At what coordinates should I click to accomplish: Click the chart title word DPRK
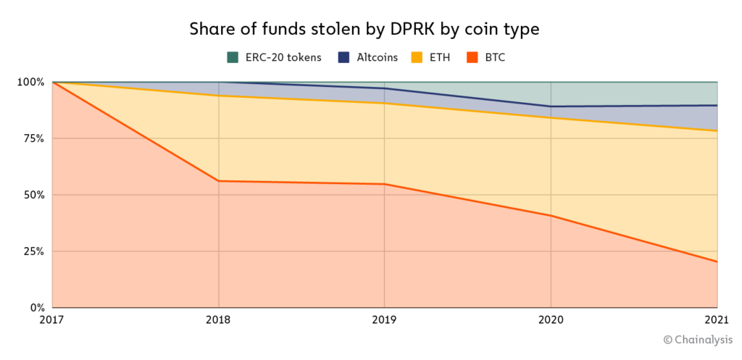coord(417,30)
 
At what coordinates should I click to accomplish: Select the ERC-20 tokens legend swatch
coord(233,57)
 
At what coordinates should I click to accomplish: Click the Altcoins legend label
coord(377,57)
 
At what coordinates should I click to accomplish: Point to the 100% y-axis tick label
coord(30,82)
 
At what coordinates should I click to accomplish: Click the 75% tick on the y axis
coord(33,138)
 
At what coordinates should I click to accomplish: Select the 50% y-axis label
coord(33,195)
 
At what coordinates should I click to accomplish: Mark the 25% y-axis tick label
coord(33,251)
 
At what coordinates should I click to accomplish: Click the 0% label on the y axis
coord(36,307)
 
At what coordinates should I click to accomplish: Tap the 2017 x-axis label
coord(53,319)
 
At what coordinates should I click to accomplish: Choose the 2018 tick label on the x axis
coord(219,319)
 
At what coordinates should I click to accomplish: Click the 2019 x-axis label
coord(384,319)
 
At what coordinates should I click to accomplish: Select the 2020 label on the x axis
coord(551,319)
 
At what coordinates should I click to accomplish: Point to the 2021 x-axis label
coord(716,319)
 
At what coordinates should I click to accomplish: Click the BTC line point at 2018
coord(219,181)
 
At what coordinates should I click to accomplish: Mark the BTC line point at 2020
coord(551,215)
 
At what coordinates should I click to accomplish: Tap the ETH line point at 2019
coord(384,104)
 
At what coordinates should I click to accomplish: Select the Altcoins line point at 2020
coord(551,106)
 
